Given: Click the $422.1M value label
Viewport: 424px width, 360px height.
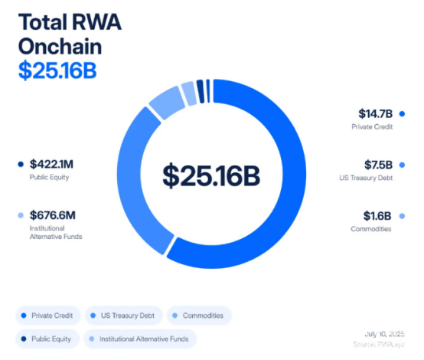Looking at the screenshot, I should pyautogui.click(x=51, y=163).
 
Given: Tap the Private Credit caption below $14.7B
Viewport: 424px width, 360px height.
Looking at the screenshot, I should pyautogui.click(x=372, y=126).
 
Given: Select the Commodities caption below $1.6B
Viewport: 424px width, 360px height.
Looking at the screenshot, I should pyautogui.click(x=371, y=228).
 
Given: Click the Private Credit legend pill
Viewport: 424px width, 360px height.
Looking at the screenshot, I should pyautogui.click(x=47, y=315).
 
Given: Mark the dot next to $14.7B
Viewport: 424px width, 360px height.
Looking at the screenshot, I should pyautogui.click(x=402, y=113).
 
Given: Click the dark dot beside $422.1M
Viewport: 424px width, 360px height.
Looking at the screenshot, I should pyautogui.click(x=20, y=163).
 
